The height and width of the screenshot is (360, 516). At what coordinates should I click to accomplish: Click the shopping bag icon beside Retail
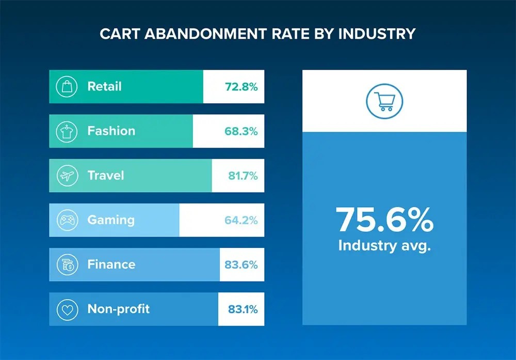[67, 86]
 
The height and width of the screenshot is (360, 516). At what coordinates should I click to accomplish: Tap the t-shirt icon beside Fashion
[67, 131]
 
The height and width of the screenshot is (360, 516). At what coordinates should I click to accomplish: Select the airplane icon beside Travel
[67, 176]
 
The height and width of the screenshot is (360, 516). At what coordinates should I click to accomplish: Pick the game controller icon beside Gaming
[67, 220]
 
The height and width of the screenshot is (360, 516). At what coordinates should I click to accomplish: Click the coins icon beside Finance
[67, 264]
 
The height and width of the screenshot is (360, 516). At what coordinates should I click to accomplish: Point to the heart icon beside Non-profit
[67, 309]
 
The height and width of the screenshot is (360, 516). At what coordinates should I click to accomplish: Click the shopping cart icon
[384, 101]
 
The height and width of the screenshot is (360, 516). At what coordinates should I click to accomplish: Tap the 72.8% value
[241, 87]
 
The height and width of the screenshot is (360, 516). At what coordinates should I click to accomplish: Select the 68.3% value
[241, 131]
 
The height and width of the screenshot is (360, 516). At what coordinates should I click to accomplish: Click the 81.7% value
[243, 176]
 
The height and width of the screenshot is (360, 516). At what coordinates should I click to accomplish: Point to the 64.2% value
[241, 221]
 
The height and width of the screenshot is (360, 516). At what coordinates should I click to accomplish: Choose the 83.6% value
[241, 265]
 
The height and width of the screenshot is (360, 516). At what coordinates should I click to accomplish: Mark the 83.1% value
[243, 310]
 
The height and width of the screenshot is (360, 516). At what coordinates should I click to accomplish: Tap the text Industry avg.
[384, 245]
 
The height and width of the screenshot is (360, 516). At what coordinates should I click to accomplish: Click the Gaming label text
[111, 220]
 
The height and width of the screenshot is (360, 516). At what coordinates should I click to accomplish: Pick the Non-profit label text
[119, 309]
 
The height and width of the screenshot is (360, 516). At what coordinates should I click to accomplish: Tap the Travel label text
[106, 176]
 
